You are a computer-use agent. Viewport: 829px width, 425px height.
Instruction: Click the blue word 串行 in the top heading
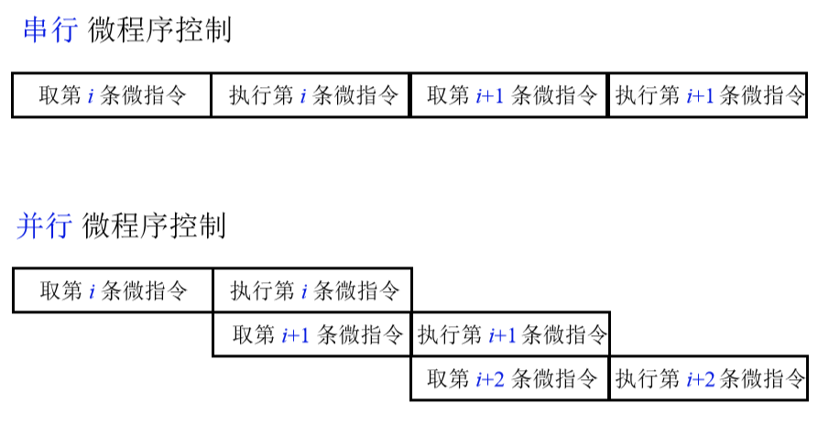[50, 29]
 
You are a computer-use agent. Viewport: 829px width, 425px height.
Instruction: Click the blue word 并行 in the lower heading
[44, 225]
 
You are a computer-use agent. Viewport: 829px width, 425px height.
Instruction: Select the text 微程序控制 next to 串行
[159, 29]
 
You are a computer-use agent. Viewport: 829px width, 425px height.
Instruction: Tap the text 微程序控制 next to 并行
[154, 225]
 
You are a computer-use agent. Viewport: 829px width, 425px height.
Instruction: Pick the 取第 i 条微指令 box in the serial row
[112, 95]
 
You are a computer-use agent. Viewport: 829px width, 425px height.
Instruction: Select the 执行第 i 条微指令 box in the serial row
[311, 95]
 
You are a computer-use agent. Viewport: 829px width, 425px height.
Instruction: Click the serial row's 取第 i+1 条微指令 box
[510, 95]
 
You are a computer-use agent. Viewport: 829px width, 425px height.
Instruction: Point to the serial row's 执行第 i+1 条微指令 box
[708, 95]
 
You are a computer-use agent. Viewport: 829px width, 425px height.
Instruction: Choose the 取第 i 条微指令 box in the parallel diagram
[113, 290]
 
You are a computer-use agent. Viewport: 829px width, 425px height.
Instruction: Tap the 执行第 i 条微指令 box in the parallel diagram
[312, 290]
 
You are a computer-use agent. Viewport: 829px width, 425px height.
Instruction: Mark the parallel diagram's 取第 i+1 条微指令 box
[312, 334]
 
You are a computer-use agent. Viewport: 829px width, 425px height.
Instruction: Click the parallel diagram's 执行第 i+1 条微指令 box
[511, 334]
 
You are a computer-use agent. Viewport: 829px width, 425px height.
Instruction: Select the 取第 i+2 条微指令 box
[510, 378]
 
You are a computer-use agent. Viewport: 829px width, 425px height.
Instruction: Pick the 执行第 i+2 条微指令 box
[709, 378]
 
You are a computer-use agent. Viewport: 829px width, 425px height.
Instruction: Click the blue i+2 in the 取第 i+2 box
[490, 378]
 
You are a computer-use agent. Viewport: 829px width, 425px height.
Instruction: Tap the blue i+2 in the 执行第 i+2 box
[701, 378]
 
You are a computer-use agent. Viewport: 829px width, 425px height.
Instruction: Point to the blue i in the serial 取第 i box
[91, 95]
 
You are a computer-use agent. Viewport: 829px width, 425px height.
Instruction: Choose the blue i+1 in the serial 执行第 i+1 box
[701, 95]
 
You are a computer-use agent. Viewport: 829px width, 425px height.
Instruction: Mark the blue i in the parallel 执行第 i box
[304, 290]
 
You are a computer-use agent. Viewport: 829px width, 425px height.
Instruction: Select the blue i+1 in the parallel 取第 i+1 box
[296, 334]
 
